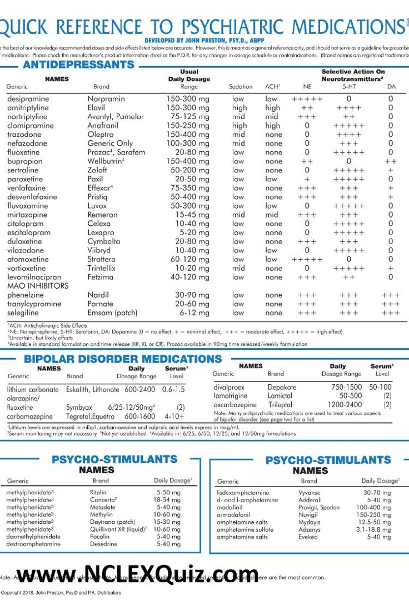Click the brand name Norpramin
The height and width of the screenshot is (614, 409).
click(106, 99)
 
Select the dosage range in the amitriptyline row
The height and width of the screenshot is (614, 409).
click(188, 108)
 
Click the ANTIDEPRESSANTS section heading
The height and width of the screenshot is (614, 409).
click(78, 65)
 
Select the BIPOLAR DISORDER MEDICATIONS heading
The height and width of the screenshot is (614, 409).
click(122, 359)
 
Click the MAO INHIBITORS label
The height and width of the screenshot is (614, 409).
click(38, 286)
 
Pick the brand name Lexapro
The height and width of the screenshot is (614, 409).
click(101, 232)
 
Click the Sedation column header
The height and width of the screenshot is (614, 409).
click(241, 87)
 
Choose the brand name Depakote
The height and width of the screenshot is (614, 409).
click(282, 387)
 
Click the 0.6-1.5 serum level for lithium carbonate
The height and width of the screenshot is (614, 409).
click(173, 390)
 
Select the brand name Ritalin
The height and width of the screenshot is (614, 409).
click(98, 493)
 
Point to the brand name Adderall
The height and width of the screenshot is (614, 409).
click(310, 500)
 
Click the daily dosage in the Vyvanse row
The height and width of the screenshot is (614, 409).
click(377, 493)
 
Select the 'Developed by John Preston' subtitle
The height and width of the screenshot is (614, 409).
click(204, 41)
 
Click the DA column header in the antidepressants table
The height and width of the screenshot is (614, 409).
click(391, 87)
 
